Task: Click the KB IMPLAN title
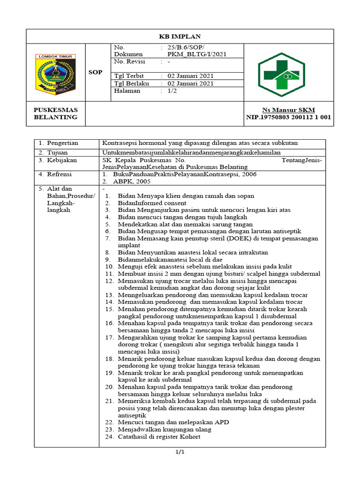180,36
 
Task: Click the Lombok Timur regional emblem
55,74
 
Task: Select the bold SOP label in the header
95,73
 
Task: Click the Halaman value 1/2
172,90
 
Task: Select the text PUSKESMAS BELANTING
55,113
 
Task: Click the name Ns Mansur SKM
288,110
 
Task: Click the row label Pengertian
62,143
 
